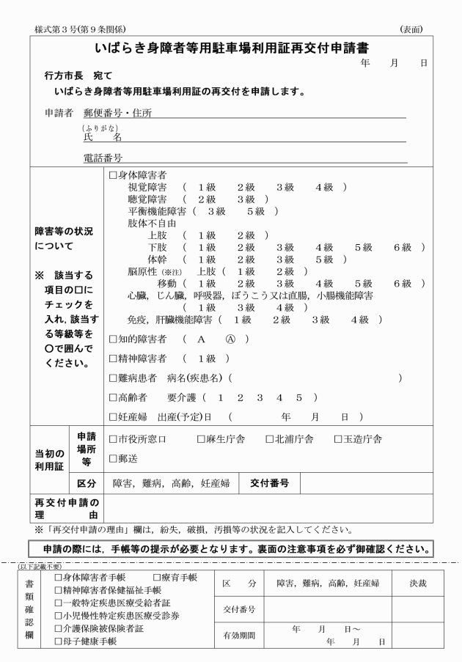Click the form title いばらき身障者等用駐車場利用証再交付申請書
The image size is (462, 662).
(x=231, y=50)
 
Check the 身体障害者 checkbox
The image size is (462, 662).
(x=113, y=176)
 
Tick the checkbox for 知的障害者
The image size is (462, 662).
(x=113, y=339)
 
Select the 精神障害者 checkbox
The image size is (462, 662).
(x=113, y=358)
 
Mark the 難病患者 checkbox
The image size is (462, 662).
(x=113, y=378)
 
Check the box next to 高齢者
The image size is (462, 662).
(x=113, y=397)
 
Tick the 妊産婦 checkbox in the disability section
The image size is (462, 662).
(x=113, y=417)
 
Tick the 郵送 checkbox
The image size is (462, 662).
(x=113, y=459)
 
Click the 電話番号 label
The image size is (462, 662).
(x=103, y=158)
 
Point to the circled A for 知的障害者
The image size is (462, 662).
(x=230, y=339)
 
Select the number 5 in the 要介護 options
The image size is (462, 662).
(x=298, y=397)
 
